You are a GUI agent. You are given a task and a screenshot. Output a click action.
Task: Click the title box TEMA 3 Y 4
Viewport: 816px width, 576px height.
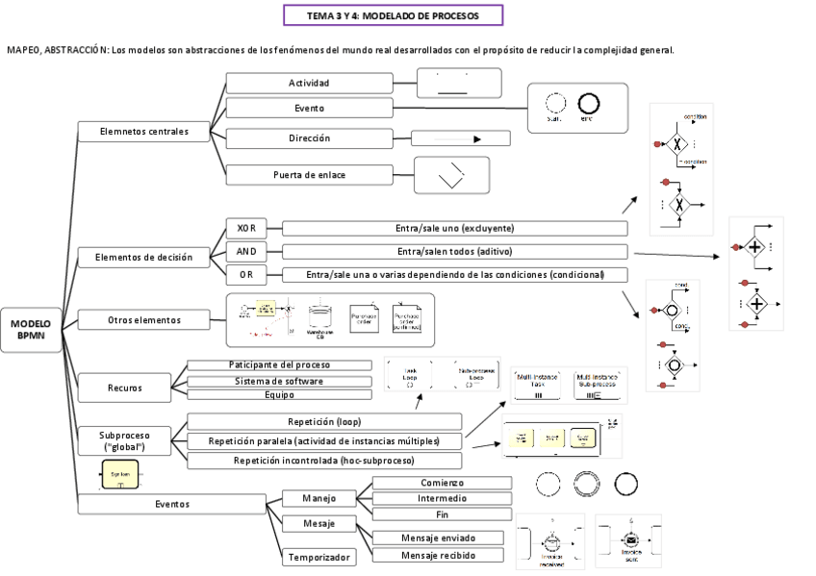[x=393, y=16]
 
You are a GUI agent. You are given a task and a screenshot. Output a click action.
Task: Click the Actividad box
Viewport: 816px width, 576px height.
[x=309, y=83]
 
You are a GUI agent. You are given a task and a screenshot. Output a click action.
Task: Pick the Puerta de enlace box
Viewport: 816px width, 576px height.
[x=309, y=175]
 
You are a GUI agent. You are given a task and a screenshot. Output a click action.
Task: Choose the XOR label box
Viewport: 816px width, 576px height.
[x=246, y=228]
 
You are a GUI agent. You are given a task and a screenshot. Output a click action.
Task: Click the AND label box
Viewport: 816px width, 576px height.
[x=246, y=252]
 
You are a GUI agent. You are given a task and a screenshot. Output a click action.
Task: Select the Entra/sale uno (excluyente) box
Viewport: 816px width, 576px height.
[x=454, y=228]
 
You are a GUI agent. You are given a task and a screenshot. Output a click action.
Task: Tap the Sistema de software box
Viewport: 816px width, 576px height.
[x=277, y=381]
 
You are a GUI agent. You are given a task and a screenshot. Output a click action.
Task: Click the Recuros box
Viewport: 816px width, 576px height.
[x=125, y=388]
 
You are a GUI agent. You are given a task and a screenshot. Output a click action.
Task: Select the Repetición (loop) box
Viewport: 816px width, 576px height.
[x=324, y=421]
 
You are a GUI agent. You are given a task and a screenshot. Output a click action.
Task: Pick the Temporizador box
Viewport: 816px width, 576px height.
[x=319, y=557]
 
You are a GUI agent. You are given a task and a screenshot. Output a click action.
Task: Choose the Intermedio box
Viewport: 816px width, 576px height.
[x=442, y=498]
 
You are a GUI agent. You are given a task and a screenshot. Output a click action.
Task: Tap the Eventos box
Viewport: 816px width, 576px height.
[x=172, y=503]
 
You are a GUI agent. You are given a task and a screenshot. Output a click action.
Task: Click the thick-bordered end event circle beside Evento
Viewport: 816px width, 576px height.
[x=588, y=104]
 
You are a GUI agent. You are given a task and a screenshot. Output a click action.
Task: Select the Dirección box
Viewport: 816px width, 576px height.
[x=309, y=138]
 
